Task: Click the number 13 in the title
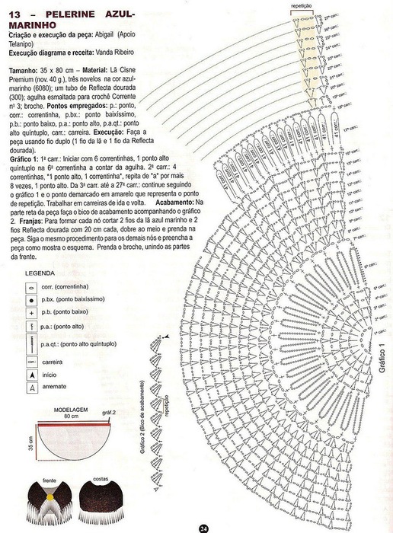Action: pyautogui.click(x=14, y=14)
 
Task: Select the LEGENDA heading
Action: pyautogui.click(x=40, y=273)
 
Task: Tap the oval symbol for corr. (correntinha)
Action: pyautogui.click(x=31, y=288)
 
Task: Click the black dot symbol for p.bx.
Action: pyautogui.click(x=31, y=300)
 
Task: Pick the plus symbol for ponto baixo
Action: pyautogui.click(x=31, y=312)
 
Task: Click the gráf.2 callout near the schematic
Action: pyautogui.click(x=108, y=412)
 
